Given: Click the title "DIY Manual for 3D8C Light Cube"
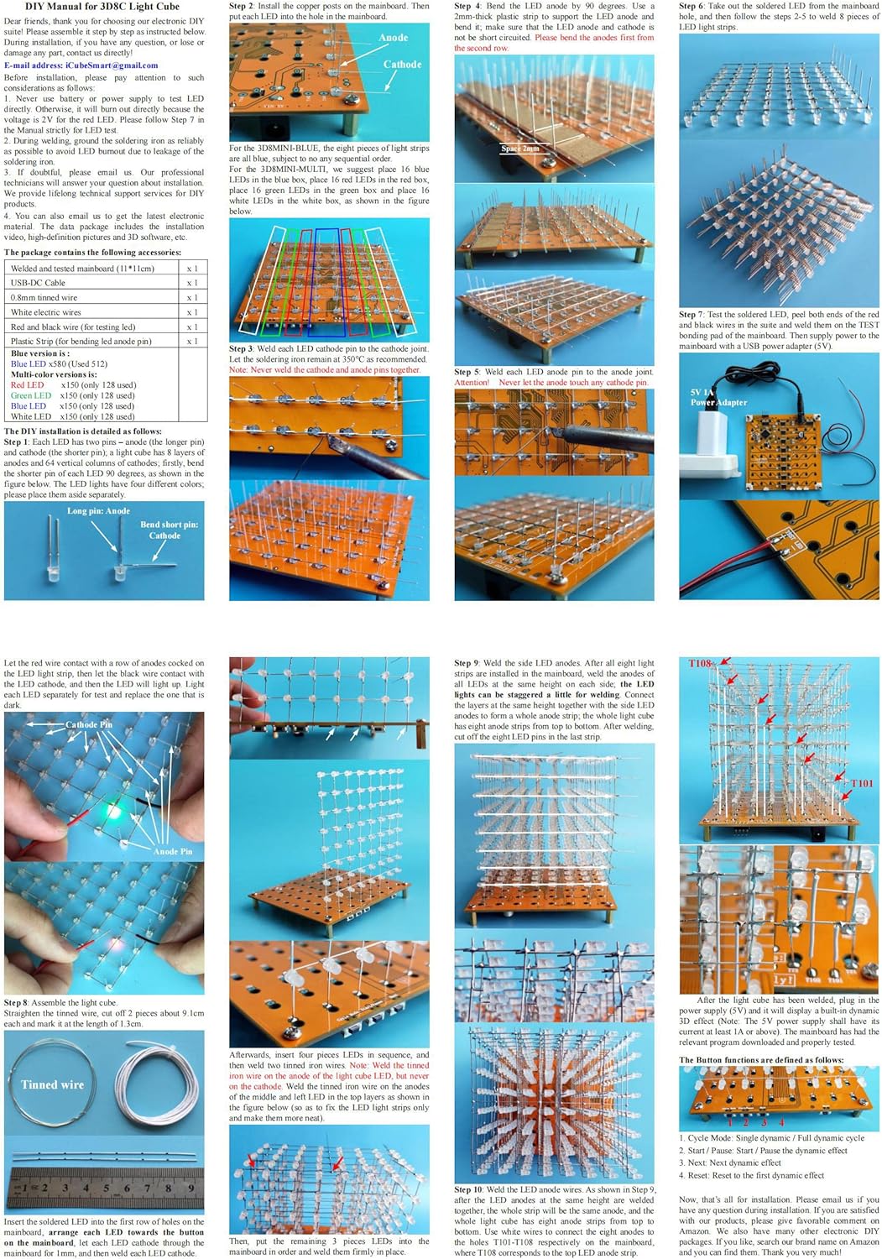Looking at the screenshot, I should coord(102,6).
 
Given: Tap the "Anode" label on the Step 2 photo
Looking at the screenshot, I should coord(393,38).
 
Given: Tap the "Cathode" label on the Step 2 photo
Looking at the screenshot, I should coord(402,65).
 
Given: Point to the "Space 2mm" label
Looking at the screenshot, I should coord(520,149).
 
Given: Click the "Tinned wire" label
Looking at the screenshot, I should coord(52,1084).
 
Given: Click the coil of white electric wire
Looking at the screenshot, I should coord(157,1083).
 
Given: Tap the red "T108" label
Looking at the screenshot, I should coord(701,663).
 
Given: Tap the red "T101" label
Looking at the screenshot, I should coord(861,783).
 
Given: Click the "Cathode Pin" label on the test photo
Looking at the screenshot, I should coord(88,724).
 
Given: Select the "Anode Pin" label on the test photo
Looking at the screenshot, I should coord(172,851).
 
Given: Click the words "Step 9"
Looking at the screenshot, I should coord(467,663).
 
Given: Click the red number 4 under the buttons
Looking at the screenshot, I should coord(781,1121).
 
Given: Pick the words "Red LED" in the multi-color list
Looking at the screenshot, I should coord(27,385).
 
